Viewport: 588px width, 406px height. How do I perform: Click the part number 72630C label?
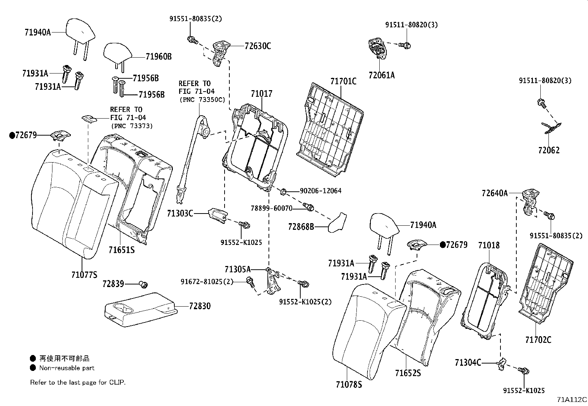pyautogui.click(x=257, y=46)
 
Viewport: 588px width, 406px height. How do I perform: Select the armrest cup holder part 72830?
pyautogui.click(x=140, y=309)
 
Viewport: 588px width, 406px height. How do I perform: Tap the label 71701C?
pyautogui.click(x=343, y=81)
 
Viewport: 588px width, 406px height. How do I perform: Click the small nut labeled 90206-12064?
pyautogui.click(x=283, y=191)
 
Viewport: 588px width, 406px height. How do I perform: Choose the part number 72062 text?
pyautogui.click(x=548, y=150)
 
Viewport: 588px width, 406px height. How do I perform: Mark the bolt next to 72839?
pyautogui.click(x=143, y=284)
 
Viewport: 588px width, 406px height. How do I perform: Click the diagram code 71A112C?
pyautogui.click(x=572, y=400)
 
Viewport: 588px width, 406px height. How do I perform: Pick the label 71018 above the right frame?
pyautogui.click(x=489, y=245)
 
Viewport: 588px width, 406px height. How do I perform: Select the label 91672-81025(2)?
pyautogui.click(x=207, y=282)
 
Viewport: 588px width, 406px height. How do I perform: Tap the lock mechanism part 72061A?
pyautogui.click(x=377, y=48)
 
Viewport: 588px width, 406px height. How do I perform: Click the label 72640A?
pyautogui.click(x=495, y=193)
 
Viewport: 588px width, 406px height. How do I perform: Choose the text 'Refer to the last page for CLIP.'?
pyautogui.click(x=78, y=382)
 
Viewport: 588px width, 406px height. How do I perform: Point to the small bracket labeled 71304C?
pyautogui.click(x=501, y=364)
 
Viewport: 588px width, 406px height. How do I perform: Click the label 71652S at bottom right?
pyautogui.click(x=408, y=373)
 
